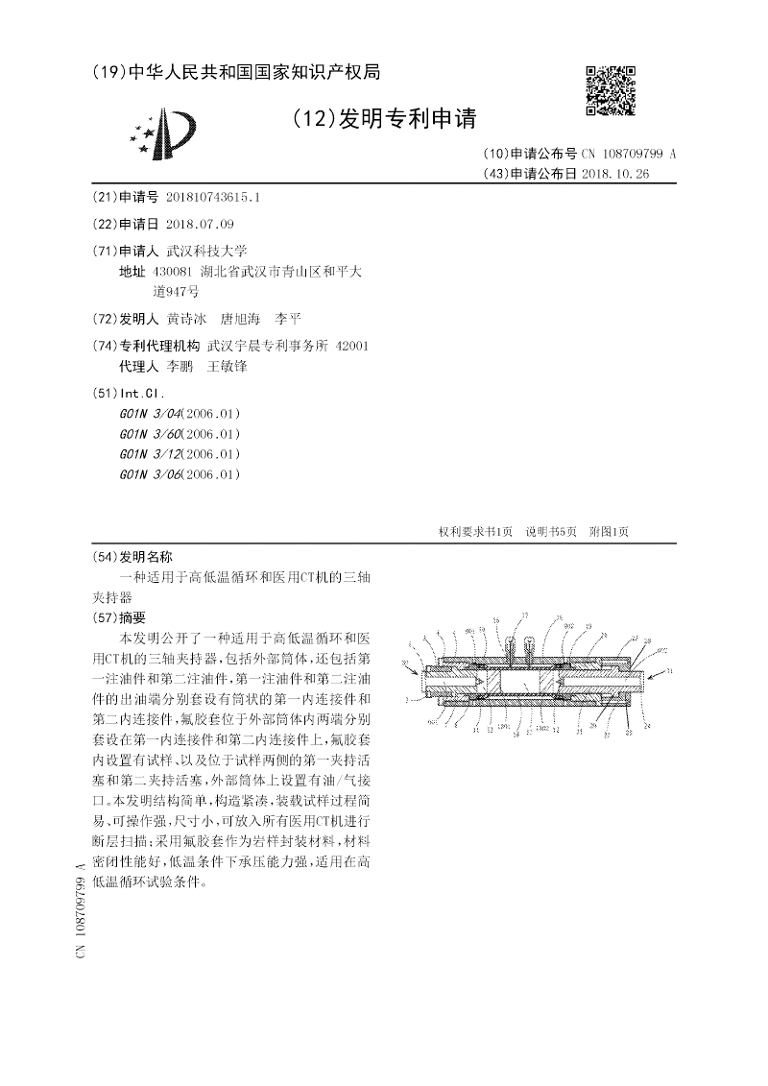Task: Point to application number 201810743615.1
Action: tap(212, 197)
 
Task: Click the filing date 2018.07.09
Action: tap(200, 224)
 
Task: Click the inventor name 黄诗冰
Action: tap(186, 319)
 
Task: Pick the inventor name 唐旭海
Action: tap(240, 319)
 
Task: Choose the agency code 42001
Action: tap(350, 346)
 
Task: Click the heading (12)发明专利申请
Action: tap(383, 118)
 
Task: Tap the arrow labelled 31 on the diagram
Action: tap(658, 673)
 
